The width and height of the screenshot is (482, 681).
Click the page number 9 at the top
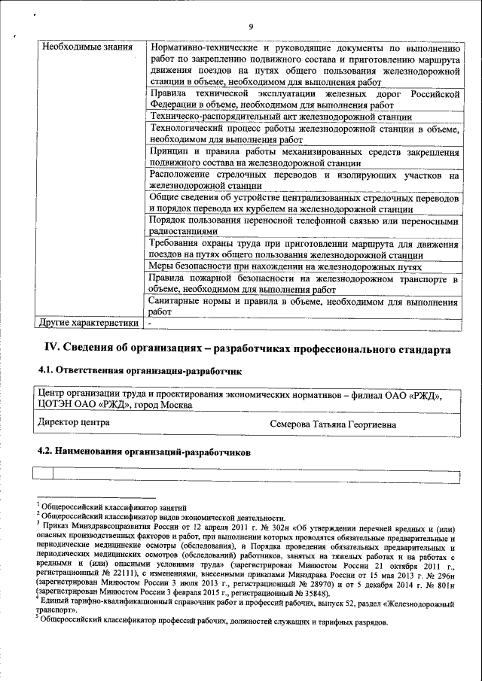click(x=249, y=28)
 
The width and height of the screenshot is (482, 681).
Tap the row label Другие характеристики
click(x=89, y=323)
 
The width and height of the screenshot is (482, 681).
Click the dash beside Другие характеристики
click(x=150, y=323)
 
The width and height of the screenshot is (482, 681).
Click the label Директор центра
click(x=74, y=423)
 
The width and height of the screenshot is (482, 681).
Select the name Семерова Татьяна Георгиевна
click(x=334, y=424)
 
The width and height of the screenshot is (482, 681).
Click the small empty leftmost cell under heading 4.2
click(x=44, y=473)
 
